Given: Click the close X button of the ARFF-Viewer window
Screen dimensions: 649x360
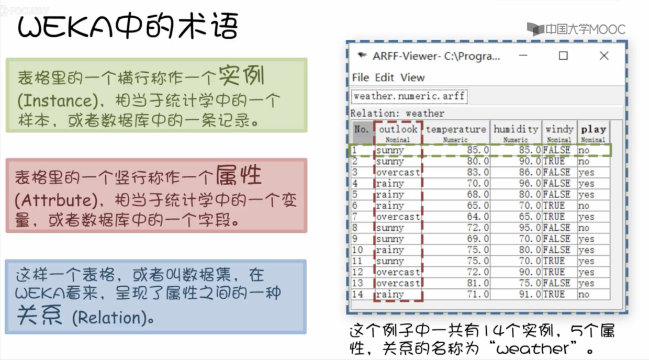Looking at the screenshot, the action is [604, 55].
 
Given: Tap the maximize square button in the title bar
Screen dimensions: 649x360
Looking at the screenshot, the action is [563, 55].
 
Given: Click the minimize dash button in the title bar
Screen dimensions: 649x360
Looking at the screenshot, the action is [523, 55].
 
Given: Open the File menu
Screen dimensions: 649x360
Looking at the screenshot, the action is [361, 77].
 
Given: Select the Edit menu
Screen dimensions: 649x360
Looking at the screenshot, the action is [384, 77].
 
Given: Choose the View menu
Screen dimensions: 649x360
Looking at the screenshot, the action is [412, 77].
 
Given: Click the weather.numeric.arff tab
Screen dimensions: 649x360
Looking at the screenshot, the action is [409, 96].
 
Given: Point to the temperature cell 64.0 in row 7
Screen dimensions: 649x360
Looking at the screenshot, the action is [478, 217].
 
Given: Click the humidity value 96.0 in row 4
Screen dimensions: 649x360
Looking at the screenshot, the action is [530, 183].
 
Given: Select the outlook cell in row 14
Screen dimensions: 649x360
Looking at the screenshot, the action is [390, 294].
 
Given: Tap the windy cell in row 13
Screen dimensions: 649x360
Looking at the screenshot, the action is [556, 283].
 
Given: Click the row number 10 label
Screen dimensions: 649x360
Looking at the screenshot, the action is [357, 250].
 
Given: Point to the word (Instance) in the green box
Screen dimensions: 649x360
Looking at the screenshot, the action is [58, 101].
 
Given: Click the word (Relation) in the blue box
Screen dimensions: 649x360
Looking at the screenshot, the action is [110, 318].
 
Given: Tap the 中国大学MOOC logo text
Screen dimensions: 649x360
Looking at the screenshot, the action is [585, 29].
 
